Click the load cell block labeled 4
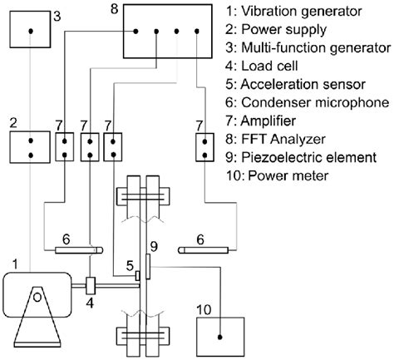91,287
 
